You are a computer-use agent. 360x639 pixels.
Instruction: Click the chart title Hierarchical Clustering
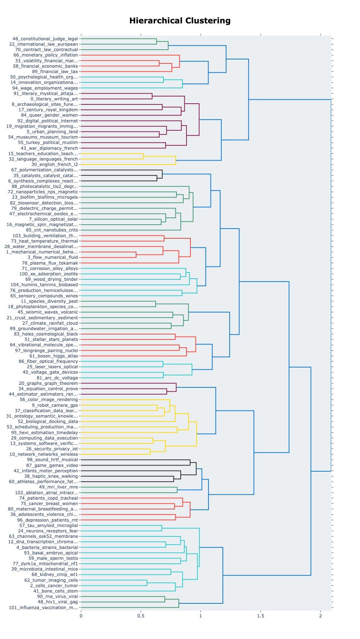point(180,21)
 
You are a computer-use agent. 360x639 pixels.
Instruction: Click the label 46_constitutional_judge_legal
point(45,39)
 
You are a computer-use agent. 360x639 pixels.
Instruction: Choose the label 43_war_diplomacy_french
point(49,148)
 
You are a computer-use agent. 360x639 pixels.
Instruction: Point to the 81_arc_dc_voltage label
point(57,378)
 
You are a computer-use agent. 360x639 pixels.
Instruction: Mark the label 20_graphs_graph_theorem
point(48,383)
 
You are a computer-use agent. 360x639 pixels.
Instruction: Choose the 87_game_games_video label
point(52,465)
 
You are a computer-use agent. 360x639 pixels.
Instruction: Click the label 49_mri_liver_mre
point(58,487)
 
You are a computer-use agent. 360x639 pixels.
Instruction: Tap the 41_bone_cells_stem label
point(55,591)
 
